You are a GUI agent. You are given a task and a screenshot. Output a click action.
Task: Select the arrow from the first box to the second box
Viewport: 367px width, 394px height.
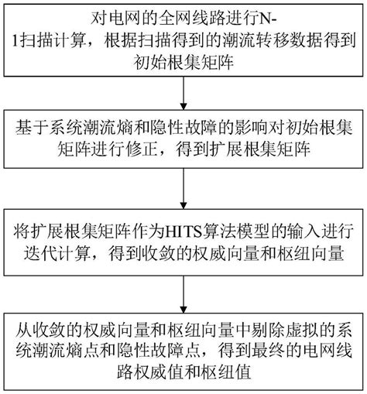(183, 93)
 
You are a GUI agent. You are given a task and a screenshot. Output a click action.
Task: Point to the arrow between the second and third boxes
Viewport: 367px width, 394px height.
(183, 189)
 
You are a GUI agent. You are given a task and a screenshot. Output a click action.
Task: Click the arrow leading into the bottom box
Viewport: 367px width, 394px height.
(183, 294)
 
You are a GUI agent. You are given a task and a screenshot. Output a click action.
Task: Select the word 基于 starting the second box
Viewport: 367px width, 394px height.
(30, 128)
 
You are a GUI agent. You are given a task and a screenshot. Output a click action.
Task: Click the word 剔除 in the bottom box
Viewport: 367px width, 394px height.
(266, 331)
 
